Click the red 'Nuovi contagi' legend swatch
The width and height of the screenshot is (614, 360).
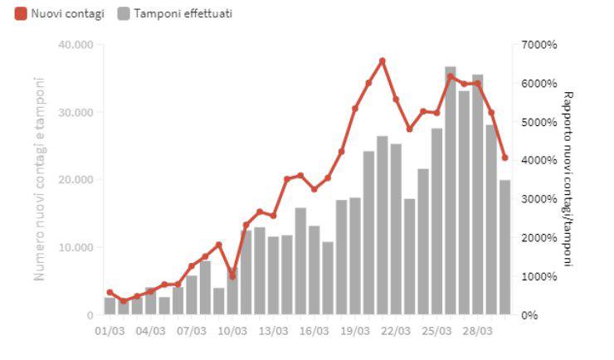21,13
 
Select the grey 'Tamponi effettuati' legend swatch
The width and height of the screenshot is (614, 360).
125,13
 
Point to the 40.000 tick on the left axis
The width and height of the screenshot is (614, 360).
76,44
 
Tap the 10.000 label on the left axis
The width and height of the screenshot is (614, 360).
76,247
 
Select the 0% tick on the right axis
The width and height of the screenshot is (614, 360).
529,315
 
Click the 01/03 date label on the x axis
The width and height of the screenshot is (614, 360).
110,330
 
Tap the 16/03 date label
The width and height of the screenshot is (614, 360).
314,330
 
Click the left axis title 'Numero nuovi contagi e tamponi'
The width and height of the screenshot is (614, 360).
39,179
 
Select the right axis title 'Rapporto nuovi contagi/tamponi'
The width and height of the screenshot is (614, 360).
568,179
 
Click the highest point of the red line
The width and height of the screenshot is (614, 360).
382,61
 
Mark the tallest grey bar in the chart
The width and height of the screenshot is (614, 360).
451,191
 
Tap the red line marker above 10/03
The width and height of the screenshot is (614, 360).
232,276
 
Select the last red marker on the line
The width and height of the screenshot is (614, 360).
504,158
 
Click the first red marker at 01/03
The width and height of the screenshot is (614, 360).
110,292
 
